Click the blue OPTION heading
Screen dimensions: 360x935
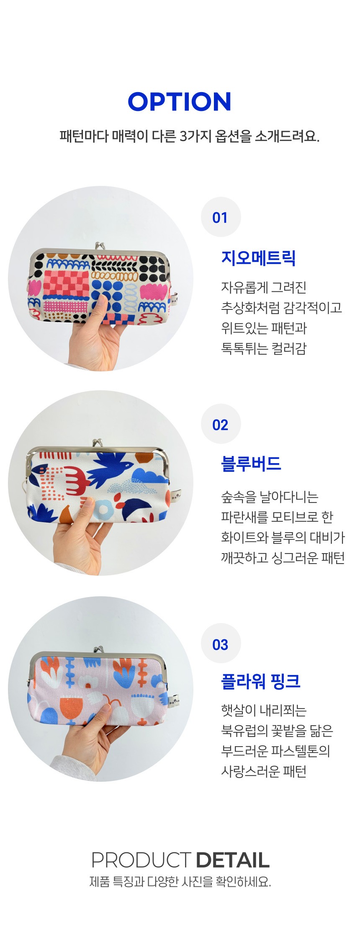tap(180, 102)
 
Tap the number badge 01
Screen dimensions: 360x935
tap(221, 217)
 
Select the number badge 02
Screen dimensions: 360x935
tap(221, 425)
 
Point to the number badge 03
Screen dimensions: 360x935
tap(221, 644)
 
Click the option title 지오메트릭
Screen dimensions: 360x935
tap(258, 258)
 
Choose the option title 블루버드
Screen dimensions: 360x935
tap(251, 464)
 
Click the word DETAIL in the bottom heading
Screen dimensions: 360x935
tap(232, 860)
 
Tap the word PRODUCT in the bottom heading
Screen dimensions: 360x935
tap(141, 860)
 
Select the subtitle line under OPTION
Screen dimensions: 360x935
tap(189, 137)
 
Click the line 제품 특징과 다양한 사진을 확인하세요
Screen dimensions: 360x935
tap(180, 881)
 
